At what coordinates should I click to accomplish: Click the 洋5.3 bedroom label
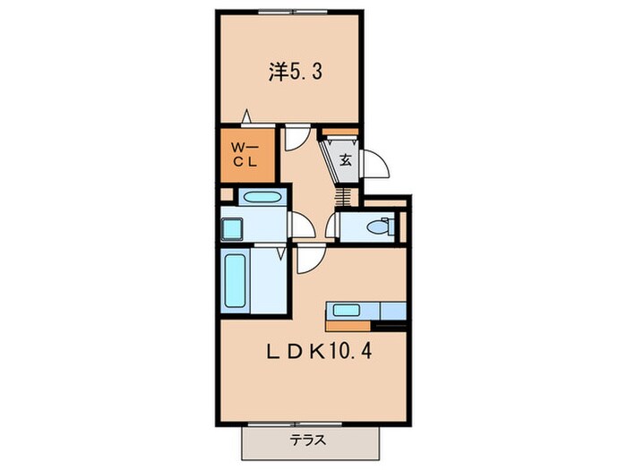[295, 73]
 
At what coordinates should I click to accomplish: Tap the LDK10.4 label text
[319, 352]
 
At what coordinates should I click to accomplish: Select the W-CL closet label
[245, 155]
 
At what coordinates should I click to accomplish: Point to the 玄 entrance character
[346, 160]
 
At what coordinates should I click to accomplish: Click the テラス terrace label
[307, 440]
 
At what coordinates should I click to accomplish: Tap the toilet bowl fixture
[381, 227]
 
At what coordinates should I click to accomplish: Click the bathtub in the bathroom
[235, 281]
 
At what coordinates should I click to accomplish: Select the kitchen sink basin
[347, 310]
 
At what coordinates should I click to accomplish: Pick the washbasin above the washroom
[262, 197]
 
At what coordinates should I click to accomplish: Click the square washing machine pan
[232, 229]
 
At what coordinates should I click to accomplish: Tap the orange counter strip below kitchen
[348, 327]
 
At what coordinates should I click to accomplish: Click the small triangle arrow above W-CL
[246, 115]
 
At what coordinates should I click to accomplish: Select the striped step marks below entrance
[343, 197]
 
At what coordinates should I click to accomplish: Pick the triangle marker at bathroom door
[281, 252]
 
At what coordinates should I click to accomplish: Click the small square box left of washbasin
[227, 195]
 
